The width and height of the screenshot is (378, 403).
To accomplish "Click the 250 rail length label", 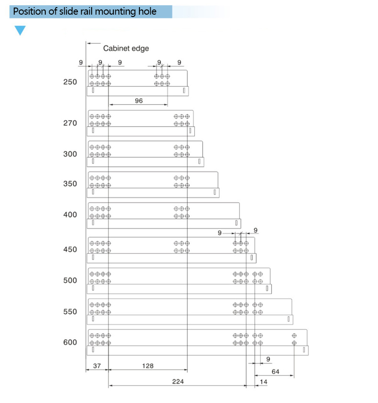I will (70, 82).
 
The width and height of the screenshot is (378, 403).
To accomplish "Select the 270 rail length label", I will (70, 123).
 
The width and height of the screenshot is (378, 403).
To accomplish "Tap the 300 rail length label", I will (70, 154).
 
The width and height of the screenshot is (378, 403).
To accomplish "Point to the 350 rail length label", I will (70, 184).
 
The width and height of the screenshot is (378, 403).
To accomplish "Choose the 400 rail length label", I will (70, 214).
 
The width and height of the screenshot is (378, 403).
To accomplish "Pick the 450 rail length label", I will (70, 249).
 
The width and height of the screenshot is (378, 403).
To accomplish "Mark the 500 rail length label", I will (70, 280).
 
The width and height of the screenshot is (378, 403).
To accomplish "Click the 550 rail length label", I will (70, 312).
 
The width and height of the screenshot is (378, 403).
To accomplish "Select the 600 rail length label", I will (70, 342).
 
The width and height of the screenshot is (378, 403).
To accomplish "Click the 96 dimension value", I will (138, 101).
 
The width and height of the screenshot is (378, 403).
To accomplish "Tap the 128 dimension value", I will (147, 366).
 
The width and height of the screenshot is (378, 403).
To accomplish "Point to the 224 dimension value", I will (178, 381).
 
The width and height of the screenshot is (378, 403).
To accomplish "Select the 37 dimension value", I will (96, 366).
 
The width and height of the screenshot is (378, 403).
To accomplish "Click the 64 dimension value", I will (275, 372).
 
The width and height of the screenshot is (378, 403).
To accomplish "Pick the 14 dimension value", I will (264, 381).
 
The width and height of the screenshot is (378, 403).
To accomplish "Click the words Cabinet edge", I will (126, 48).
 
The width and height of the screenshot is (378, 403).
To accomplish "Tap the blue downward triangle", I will (20, 31).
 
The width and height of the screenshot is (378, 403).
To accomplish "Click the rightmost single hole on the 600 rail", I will (294, 335).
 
